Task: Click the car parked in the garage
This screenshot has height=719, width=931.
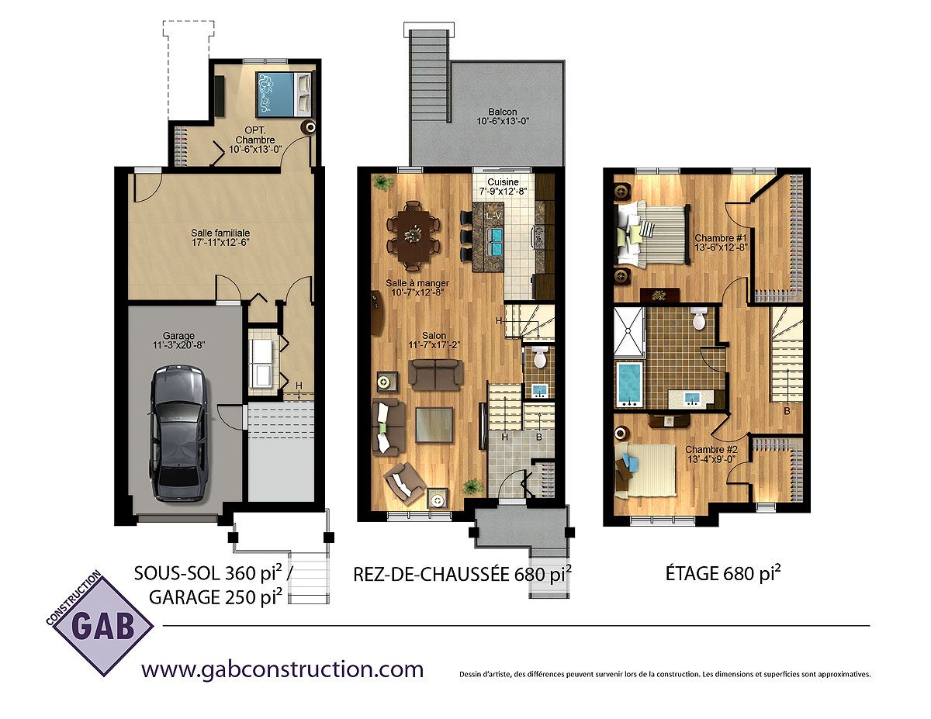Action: click(179, 434)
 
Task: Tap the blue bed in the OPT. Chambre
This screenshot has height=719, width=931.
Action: click(284, 95)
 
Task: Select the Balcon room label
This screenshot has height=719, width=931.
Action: click(503, 112)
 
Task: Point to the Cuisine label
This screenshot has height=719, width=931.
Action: click(503, 182)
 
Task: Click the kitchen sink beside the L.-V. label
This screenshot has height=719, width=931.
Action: click(495, 241)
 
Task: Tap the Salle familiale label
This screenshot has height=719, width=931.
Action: click(220, 233)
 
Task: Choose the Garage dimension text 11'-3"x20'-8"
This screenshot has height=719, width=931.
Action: click(178, 345)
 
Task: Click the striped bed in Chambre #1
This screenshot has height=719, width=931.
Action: click(652, 234)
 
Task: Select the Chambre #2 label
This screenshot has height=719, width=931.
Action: click(711, 450)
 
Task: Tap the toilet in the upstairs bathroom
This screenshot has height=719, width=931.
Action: click(698, 319)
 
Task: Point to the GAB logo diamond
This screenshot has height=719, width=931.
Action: click(100, 625)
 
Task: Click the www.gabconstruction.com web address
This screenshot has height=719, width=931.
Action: click(282, 669)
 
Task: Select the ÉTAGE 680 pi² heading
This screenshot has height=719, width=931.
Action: click(723, 573)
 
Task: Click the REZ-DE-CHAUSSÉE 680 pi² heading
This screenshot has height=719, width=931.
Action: click(462, 574)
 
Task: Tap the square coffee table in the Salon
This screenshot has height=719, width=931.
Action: click(434, 425)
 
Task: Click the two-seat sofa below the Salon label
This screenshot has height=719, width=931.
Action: click(436, 372)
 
